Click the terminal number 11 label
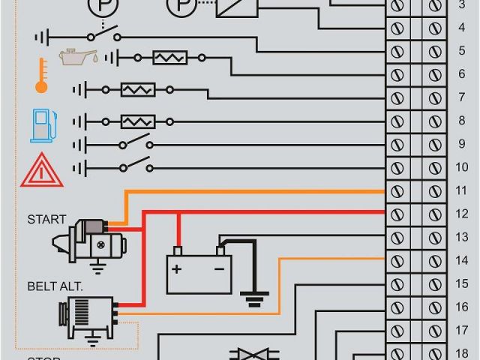[461, 190]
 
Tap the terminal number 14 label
[461, 260]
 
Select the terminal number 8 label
[461, 121]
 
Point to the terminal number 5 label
[461, 51]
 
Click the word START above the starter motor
[46, 220]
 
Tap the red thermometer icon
[41, 76]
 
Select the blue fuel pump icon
[42, 124]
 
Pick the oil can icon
[78, 58]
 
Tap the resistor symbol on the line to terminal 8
[138, 121]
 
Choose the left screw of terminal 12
[397, 214]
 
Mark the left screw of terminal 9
[397, 144]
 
